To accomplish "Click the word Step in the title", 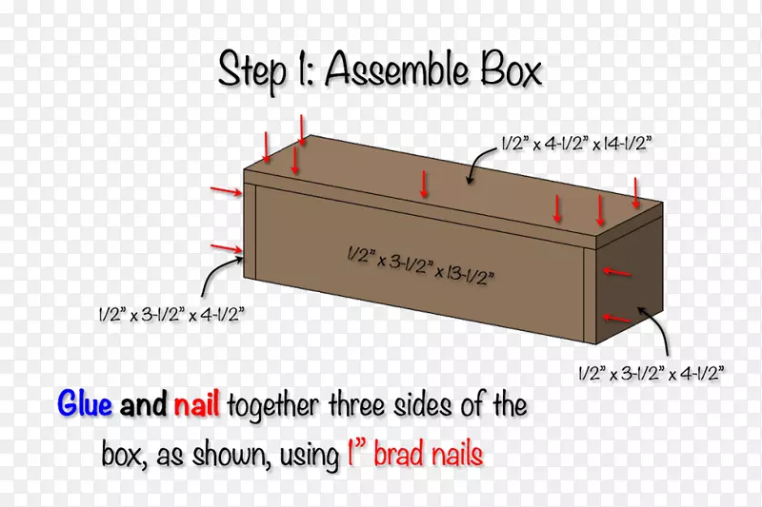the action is pos(251,71).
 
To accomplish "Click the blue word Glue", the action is pos(85,403).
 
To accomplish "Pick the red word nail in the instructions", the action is pos(196,402).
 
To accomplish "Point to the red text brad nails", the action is pos(428,454).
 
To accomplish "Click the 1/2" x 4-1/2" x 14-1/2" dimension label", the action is pos(576,144).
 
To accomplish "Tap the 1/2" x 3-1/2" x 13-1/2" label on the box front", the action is pos(421,265).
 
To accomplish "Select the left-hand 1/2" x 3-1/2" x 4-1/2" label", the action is pos(171,315).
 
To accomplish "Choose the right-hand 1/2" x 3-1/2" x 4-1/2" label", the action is pos(652,374).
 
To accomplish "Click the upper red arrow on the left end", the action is pos(226,191).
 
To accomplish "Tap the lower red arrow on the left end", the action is pos(226,249).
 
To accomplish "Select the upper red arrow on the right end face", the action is pos(616,272).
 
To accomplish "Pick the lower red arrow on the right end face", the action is pos(616,319).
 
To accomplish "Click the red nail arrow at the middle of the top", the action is pos(424,185).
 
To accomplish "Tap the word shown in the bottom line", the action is pos(231,455).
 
